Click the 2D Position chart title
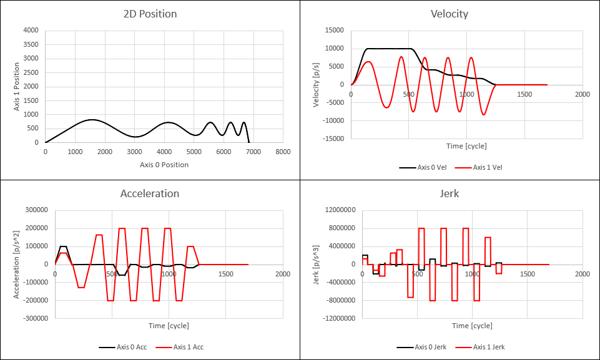click(150, 14)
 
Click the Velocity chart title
click(450, 14)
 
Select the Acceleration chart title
click(150, 193)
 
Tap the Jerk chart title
click(450, 193)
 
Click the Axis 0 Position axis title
click(164, 165)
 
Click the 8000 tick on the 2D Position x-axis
click(283, 152)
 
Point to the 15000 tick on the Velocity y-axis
click(335, 31)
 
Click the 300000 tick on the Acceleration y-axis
click(38, 210)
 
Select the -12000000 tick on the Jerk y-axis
click(338, 318)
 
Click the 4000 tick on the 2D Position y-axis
click(31, 31)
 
